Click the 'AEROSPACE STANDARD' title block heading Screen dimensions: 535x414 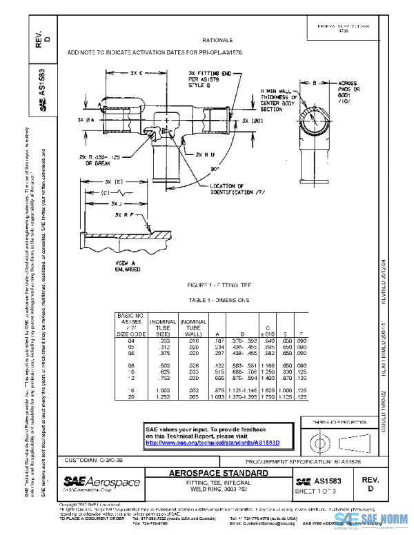coord(219,474)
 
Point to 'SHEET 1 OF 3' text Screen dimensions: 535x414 coord(315,490)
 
